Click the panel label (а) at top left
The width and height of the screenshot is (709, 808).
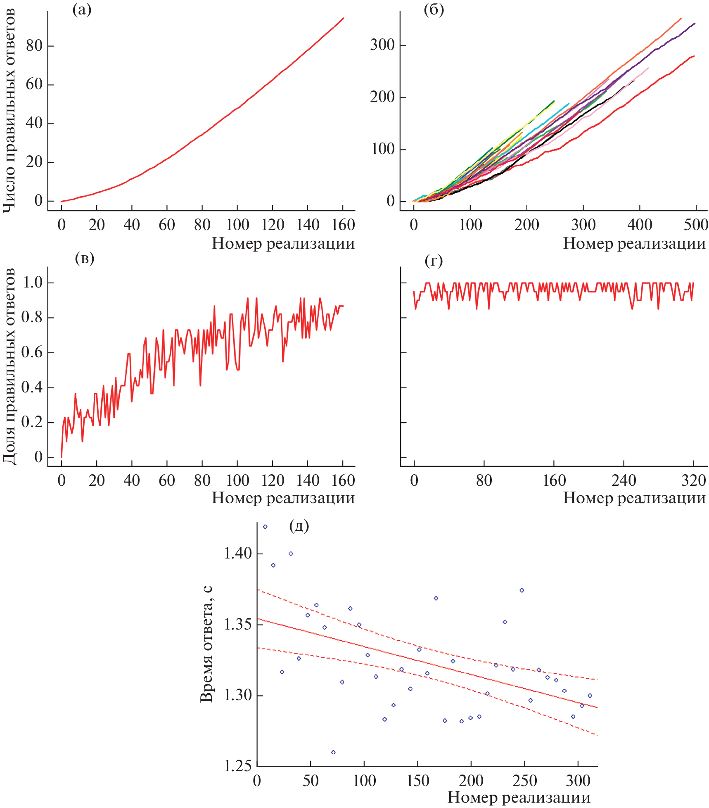pos(82,10)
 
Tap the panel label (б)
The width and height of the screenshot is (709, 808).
pos(434,10)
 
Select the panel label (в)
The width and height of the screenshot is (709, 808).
pos(85,258)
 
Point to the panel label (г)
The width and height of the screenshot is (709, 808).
pos(434,261)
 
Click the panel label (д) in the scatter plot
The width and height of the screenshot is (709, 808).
pos(299,526)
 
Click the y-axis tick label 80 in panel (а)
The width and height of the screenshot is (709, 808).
pos(34,45)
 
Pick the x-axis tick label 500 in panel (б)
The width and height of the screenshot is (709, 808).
pos(696,225)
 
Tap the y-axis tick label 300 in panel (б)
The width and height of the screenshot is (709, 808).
pos(382,45)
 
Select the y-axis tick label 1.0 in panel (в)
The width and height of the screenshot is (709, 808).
pos(33,283)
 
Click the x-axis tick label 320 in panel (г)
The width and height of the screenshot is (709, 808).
pos(694,481)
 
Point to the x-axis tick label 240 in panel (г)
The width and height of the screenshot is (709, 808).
pos(624,481)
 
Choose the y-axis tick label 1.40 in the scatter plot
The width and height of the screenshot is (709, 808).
pos(237,554)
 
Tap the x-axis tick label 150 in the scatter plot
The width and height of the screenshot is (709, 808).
pos(418,781)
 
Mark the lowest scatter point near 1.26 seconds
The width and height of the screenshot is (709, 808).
pos(333,752)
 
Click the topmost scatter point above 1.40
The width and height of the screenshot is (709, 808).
pos(265,527)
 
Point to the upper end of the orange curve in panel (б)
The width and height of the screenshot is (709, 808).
pos(681,18)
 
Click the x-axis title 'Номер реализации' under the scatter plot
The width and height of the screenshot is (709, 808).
pos(519,797)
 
